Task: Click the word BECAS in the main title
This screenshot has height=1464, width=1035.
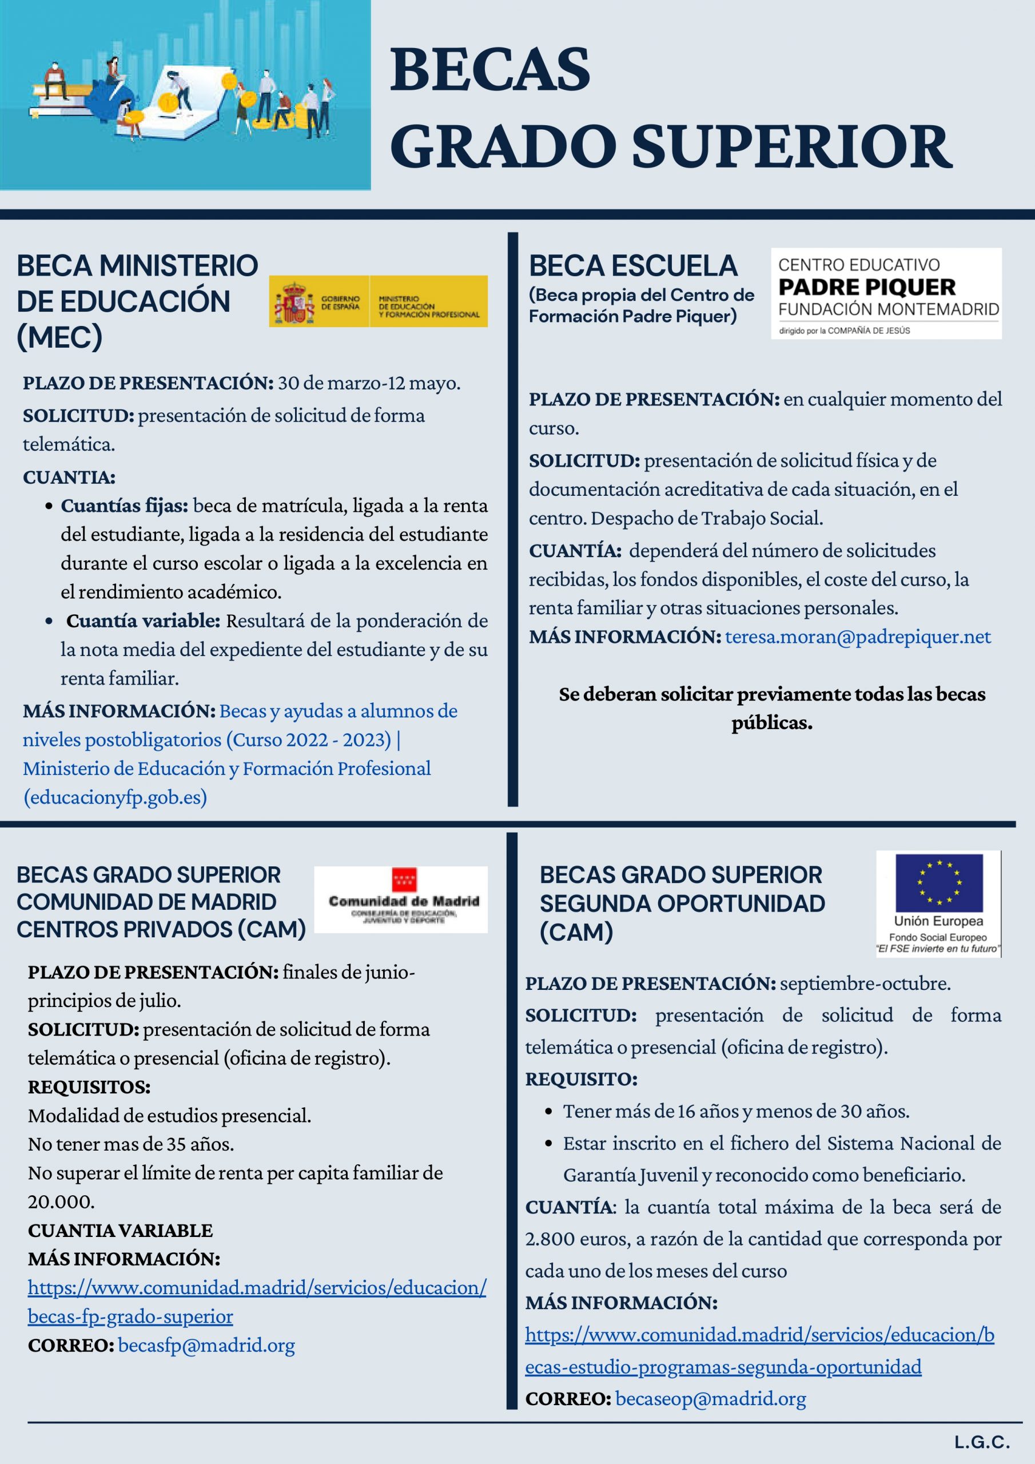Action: pyautogui.click(x=489, y=70)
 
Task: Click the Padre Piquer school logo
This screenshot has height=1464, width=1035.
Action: pyautogui.click(x=886, y=293)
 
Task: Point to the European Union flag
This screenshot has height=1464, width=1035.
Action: pyautogui.click(x=939, y=882)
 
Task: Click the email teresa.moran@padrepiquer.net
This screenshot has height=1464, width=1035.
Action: pyautogui.click(x=858, y=636)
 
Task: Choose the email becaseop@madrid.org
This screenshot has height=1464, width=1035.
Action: pyautogui.click(x=710, y=1398)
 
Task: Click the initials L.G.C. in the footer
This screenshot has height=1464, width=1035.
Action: pyautogui.click(x=982, y=1442)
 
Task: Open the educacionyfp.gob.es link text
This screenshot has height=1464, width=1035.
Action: pyautogui.click(x=116, y=797)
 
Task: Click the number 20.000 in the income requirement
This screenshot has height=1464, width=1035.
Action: pyautogui.click(x=61, y=1202)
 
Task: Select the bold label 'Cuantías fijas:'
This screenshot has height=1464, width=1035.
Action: pyautogui.click(x=124, y=506)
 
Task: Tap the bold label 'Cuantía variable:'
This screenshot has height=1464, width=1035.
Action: pyautogui.click(x=143, y=620)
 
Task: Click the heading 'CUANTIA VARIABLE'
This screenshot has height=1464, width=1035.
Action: pyautogui.click(x=120, y=1230)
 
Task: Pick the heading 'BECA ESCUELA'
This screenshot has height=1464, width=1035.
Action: pyautogui.click(x=632, y=266)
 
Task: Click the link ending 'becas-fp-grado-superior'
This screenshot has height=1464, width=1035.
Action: pyautogui.click(x=130, y=1316)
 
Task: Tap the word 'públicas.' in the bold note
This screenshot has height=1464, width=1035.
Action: pyautogui.click(x=771, y=722)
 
